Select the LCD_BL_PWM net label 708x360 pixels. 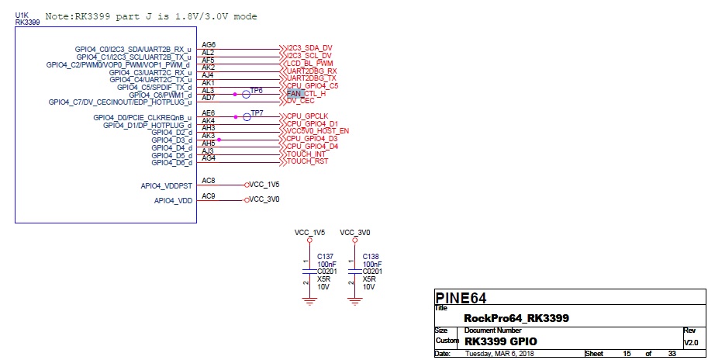[309, 63]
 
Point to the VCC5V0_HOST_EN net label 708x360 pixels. [317, 130]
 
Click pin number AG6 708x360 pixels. [208, 45]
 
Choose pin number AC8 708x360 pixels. [208, 181]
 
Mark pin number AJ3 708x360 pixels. [208, 151]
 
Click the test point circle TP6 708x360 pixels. [246, 93]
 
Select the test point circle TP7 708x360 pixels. [246, 116]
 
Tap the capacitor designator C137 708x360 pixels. [326, 256]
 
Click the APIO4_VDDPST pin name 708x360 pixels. [166, 186]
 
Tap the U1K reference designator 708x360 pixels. [22, 15]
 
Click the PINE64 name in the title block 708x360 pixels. [460, 297]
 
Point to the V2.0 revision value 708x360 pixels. [691, 342]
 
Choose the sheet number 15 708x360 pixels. [627, 354]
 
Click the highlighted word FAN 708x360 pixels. [293, 93]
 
